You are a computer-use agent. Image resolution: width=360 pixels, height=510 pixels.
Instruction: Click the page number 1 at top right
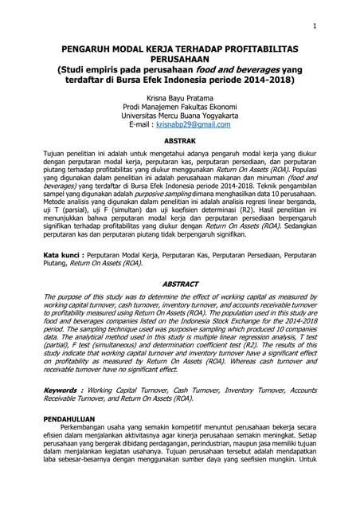315,26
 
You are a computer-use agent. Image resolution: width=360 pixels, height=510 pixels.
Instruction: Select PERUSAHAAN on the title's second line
179,59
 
